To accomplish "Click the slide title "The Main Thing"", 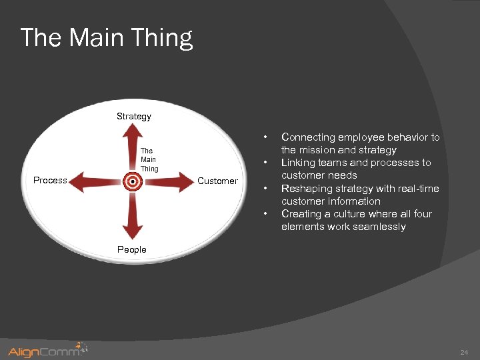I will [x=107, y=37].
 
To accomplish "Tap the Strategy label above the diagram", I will [x=134, y=116].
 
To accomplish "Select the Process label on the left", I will [x=51, y=180].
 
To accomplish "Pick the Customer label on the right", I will [x=217, y=181].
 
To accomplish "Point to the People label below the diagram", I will [x=132, y=249].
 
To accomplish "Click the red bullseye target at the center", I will [x=133, y=181].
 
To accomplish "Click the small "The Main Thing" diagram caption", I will [x=149, y=160].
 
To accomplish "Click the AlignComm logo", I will [x=47, y=350].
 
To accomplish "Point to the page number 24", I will [x=464, y=351].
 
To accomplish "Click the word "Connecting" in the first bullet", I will [x=308, y=137].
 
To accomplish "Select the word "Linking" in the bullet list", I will [x=298, y=163].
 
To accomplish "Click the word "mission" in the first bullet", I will [x=319, y=150].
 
